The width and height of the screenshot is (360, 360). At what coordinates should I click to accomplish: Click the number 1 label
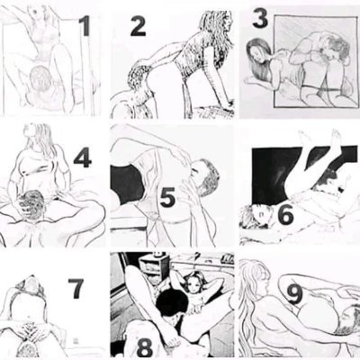click(85, 26)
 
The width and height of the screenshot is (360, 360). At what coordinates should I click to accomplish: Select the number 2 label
click(139, 26)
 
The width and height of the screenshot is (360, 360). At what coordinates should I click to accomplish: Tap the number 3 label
click(260, 19)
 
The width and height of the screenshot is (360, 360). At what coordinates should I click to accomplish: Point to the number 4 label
click(83, 157)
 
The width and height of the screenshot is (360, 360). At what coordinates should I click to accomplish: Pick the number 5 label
click(167, 197)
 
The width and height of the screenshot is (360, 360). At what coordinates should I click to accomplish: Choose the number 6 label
click(285, 215)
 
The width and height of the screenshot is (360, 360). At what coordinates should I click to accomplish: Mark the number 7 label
click(76, 288)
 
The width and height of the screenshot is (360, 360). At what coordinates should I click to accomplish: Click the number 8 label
click(145, 347)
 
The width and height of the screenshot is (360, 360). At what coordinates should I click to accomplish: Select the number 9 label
click(294, 294)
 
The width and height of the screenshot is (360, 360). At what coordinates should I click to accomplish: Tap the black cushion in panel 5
click(127, 184)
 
